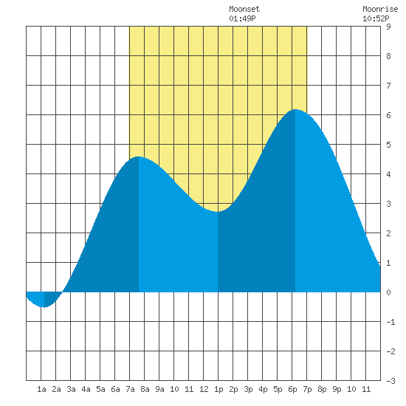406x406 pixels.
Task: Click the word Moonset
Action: coord(244,10)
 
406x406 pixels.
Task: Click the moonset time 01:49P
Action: coord(242,18)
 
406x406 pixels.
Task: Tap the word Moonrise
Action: coord(380,10)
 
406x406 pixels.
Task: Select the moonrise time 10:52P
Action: coord(376,18)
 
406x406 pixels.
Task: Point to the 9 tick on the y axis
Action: coord(388,27)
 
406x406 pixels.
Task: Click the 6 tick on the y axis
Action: coord(388,115)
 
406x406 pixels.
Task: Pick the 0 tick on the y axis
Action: coord(388,292)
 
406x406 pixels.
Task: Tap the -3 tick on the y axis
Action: coord(390,381)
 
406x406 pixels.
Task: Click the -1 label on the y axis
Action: coord(390,322)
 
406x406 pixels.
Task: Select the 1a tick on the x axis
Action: coord(41,389)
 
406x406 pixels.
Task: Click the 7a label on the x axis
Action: coord(130,389)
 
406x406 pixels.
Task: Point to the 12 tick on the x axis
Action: coord(204,389)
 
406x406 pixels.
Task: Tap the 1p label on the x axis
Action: coord(219,389)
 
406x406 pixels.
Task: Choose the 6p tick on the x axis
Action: coord(292,389)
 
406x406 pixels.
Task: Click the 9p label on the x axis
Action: coord(337,389)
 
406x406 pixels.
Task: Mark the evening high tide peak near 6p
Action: coord(295,109)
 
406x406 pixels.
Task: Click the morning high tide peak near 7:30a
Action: coord(139,157)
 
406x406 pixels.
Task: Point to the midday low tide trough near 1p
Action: coord(218,212)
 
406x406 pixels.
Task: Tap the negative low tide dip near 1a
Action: coord(44,307)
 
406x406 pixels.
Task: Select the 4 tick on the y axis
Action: coord(388,174)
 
